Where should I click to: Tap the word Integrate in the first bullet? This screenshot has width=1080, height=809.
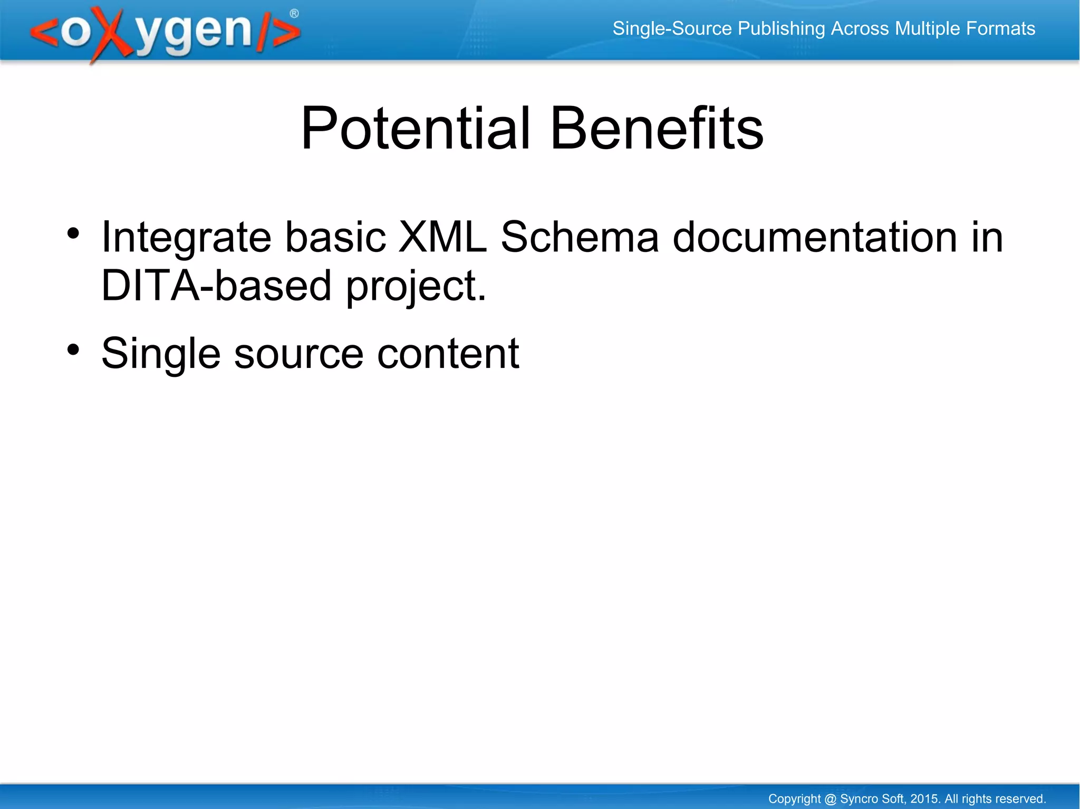[186, 238]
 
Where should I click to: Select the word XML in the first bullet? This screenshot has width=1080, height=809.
[442, 237]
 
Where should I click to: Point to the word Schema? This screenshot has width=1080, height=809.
[580, 237]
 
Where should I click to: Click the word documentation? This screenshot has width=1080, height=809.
[814, 237]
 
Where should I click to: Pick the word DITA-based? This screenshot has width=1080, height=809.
[216, 285]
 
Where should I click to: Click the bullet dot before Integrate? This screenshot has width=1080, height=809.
[73, 233]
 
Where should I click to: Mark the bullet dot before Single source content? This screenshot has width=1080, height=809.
[73, 349]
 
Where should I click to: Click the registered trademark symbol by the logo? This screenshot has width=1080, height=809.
[294, 14]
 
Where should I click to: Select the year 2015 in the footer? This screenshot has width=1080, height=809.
[925, 799]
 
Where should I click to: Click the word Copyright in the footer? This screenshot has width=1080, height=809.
[794, 799]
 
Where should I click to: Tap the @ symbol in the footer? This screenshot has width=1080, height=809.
[830, 799]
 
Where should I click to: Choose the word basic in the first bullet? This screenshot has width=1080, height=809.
[335, 237]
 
